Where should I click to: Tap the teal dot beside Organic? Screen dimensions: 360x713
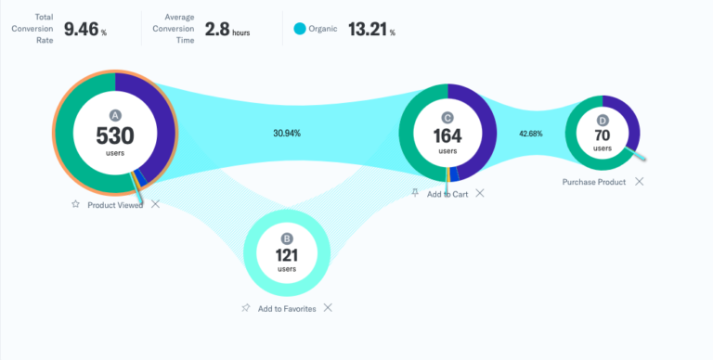[299, 30]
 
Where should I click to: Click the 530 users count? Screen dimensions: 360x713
[115, 135]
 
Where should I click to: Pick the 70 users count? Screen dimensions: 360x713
[603, 135]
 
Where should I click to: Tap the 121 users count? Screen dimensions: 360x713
[287, 255]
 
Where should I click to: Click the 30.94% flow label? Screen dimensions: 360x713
[287, 134]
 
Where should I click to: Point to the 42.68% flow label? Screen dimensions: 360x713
[531, 134]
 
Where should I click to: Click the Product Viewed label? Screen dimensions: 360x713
[115, 204]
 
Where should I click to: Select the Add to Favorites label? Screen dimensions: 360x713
[287, 308]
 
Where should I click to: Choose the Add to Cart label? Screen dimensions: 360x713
[447, 194]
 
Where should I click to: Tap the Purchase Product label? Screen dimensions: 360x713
[594, 182]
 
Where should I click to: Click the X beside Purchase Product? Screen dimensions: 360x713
[639, 181]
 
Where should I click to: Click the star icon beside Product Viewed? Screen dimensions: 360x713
[75, 204]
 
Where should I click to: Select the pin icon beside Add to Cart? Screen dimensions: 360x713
[415, 193]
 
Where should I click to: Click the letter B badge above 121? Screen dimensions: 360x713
[287, 238]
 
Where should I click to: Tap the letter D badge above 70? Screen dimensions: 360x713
[603, 121]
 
